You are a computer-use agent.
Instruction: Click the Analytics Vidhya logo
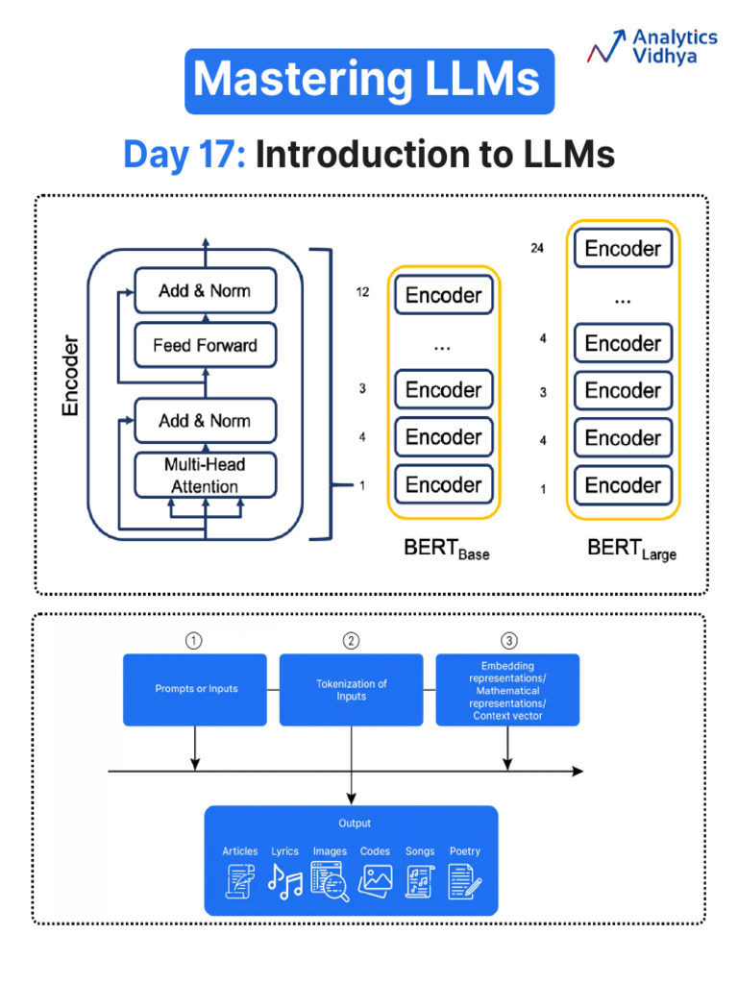coord(652,46)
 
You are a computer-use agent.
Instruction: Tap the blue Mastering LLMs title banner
coord(369,81)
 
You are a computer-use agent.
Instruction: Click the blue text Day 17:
coord(184,155)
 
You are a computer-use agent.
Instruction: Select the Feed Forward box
coord(205,345)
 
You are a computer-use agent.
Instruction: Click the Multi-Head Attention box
coord(205,475)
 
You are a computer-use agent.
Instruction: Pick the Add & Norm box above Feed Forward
coord(205,290)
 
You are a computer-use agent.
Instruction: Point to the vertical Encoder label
coord(70,376)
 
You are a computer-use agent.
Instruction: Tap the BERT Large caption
coord(631,551)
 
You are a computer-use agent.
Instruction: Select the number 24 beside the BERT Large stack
coord(536,248)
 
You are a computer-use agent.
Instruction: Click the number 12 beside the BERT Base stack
coord(362,293)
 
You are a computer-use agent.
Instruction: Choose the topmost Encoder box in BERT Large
coord(623,249)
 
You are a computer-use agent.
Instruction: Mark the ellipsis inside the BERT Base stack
coord(442,345)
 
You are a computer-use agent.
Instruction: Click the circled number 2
coord(351,641)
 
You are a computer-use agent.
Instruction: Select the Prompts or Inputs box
coord(195,689)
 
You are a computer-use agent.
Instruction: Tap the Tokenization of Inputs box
coord(352,689)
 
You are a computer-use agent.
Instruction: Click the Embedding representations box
coord(507,690)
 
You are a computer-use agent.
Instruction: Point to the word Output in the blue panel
coord(354,824)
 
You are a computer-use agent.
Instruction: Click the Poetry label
coord(464,851)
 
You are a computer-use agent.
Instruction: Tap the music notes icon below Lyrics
coord(284,881)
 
